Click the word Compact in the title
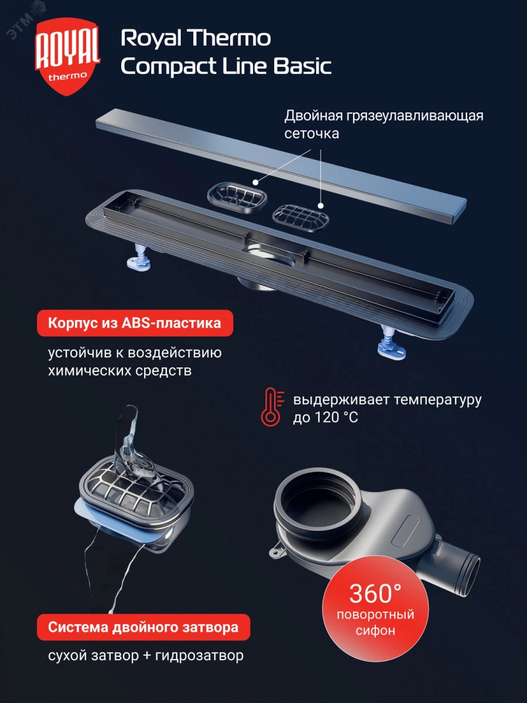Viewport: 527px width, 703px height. pyautogui.click(x=167, y=67)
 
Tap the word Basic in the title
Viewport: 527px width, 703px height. pyautogui.click(x=302, y=66)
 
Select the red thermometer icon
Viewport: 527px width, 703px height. pyautogui.click(x=272, y=407)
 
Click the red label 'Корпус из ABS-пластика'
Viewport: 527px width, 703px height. pyautogui.click(x=135, y=323)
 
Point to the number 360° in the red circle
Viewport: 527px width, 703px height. pyautogui.click(x=375, y=593)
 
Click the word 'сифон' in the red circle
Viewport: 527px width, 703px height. pyautogui.click(x=375, y=630)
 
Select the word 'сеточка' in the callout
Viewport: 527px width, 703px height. pyautogui.click(x=312, y=134)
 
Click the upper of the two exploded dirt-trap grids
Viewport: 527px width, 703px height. pyautogui.click(x=237, y=196)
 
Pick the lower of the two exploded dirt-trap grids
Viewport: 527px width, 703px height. pyautogui.click(x=301, y=218)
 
